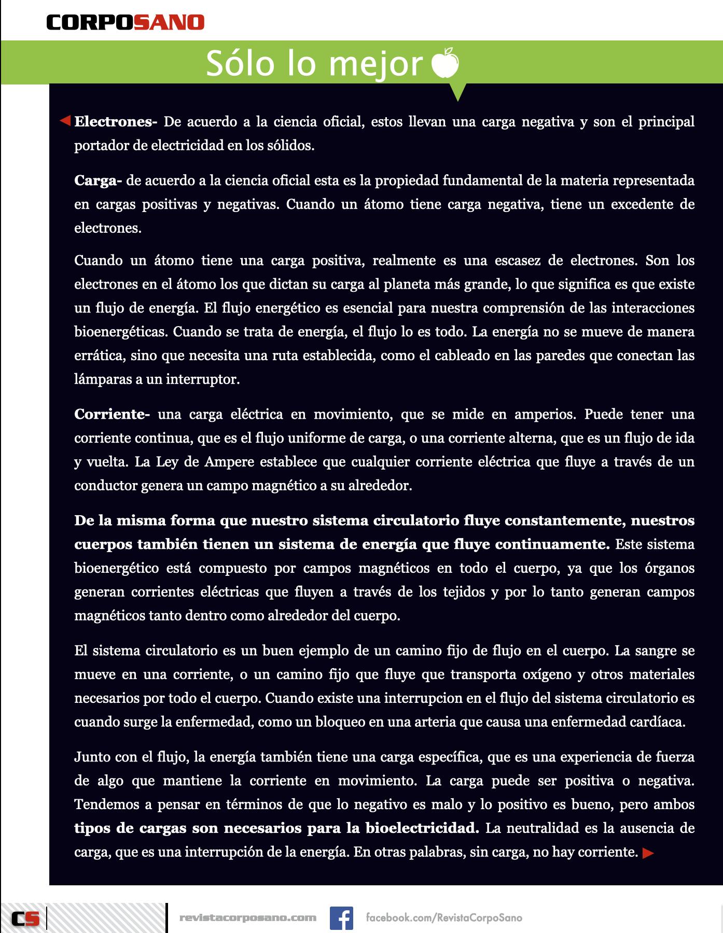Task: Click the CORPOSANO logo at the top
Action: [x=126, y=22]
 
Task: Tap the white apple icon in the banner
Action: [x=446, y=63]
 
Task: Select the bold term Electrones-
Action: [x=116, y=122]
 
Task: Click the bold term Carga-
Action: [x=98, y=181]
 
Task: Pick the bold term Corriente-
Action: [x=112, y=415]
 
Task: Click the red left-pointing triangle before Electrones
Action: [x=65, y=121]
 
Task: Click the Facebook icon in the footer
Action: [x=341, y=917]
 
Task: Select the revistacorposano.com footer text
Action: [x=247, y=917]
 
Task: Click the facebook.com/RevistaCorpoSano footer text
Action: [x=443, y=917]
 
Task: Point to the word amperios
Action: [x=544, y=415]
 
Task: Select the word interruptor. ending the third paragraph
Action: [x=203, y=379]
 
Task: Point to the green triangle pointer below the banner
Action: [x=458, y=92]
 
